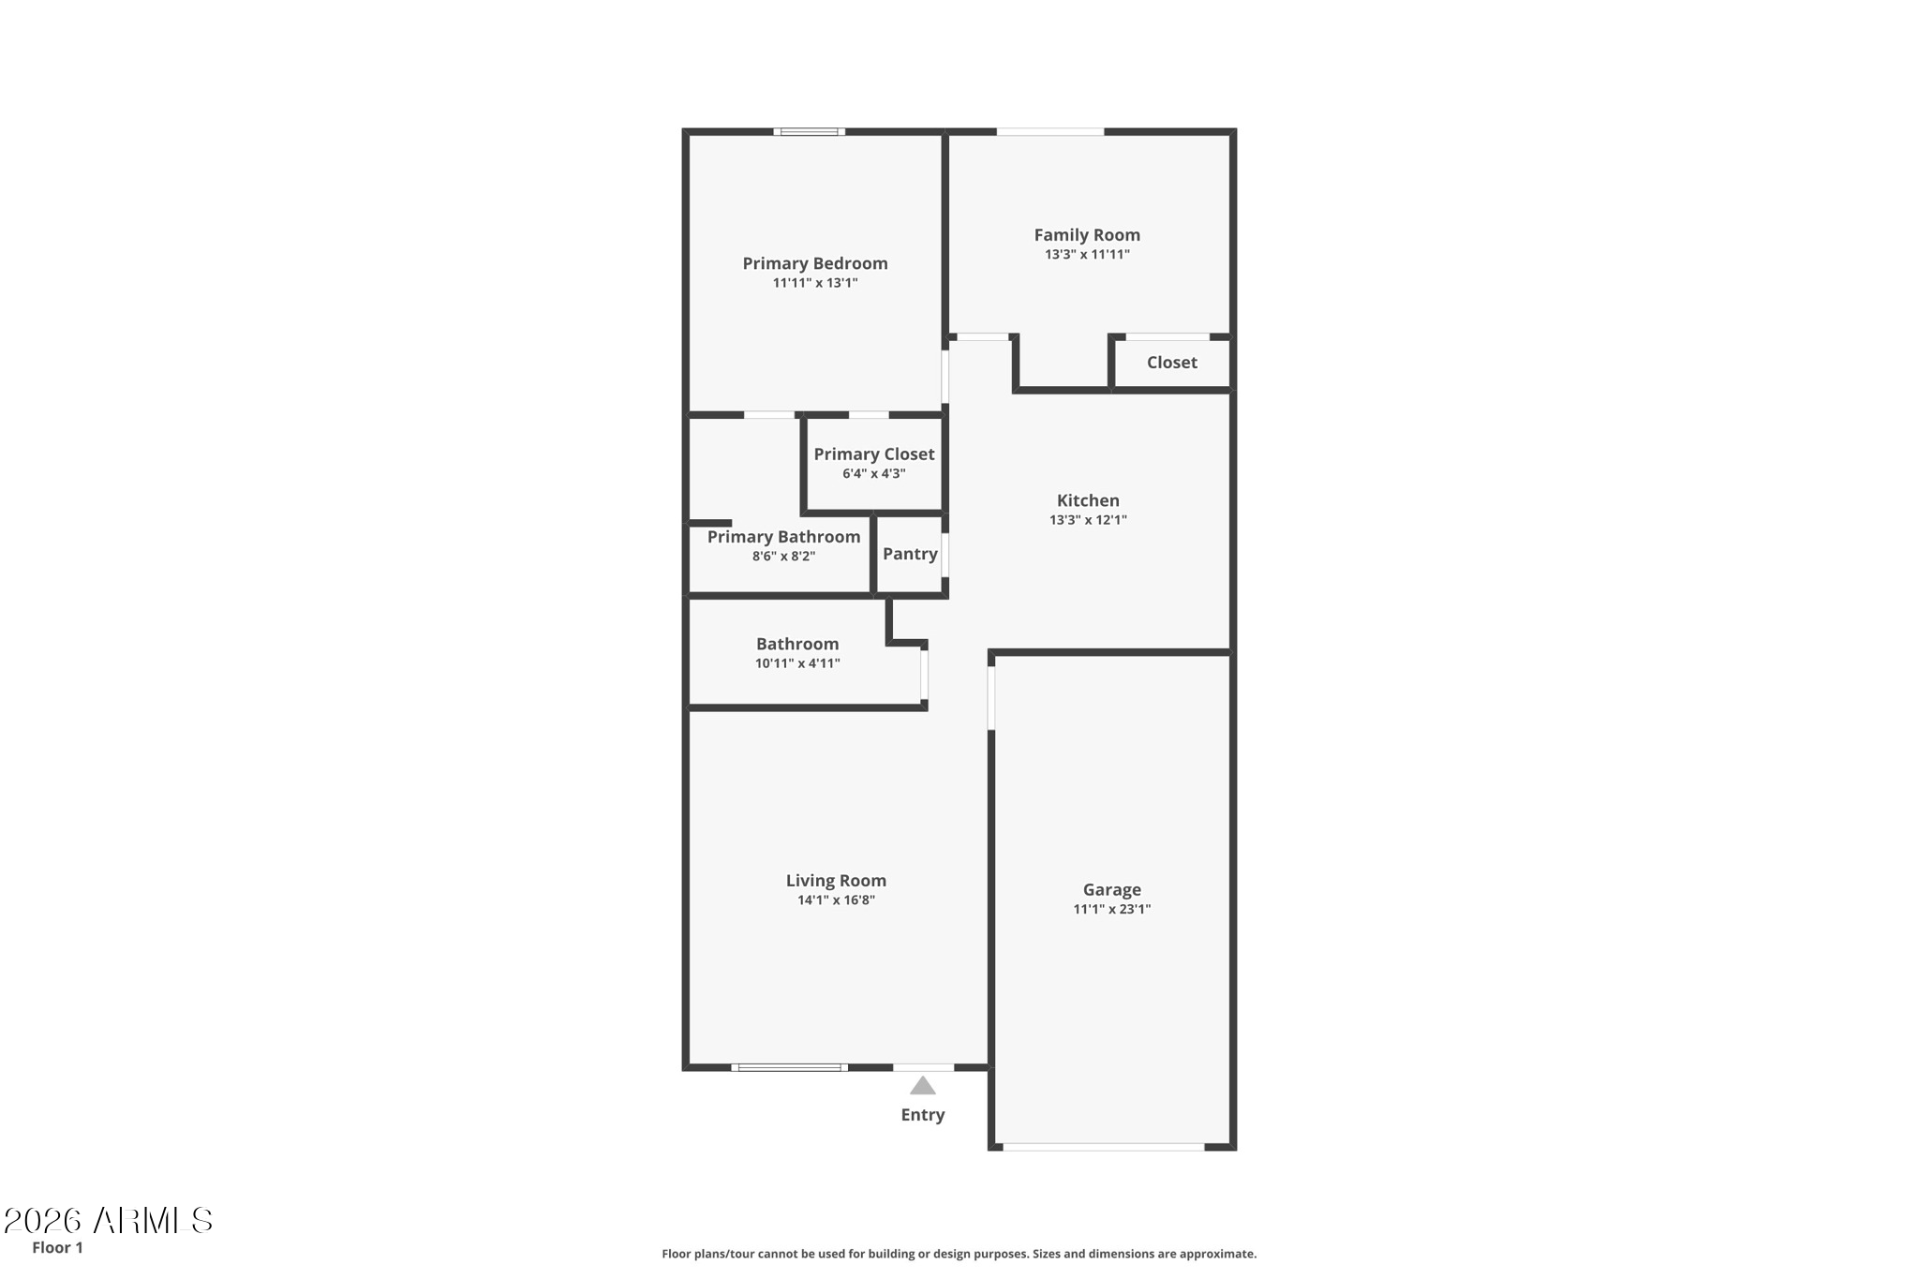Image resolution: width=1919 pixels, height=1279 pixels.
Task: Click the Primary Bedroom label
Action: pos(815,263)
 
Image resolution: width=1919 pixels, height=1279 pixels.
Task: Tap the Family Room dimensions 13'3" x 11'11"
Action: pos(1087,254)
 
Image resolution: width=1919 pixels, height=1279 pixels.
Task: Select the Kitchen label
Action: pos(1088,500)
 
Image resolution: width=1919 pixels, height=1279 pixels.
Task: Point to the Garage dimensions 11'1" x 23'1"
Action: pos(1111,909)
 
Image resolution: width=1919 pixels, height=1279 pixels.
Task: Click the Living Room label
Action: pos(836,881)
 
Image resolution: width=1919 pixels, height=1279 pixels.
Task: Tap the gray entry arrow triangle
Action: pos(923,1085)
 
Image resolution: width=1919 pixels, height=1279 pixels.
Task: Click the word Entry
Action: pos(923,1115)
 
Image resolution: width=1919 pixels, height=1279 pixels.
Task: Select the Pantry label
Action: pos(910,554)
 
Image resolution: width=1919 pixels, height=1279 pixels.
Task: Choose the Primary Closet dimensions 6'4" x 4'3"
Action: pos(873,474)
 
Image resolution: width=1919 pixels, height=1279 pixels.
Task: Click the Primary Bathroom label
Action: pos(783,537)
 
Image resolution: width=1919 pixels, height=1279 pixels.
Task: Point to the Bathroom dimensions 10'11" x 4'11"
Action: pos(797,663)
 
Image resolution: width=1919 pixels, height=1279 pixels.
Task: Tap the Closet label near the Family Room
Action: pos(1171,363)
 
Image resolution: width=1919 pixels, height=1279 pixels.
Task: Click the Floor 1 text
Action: pos(57,1247)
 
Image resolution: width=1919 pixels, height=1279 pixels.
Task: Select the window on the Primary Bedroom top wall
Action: pos(810,132)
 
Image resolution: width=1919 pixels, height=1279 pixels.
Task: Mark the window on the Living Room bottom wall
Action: pos(790,1067)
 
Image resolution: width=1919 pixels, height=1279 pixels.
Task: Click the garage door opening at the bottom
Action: pos(1104,1147)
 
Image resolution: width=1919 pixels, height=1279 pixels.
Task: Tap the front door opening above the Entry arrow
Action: pos(924,1067)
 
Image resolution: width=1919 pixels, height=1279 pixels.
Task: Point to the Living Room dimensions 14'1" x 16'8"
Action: pos(836,900)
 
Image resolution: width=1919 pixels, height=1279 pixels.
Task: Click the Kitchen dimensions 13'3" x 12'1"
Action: pos(1088,520)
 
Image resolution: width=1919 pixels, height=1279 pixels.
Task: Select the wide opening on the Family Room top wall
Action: pos(1050,132)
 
